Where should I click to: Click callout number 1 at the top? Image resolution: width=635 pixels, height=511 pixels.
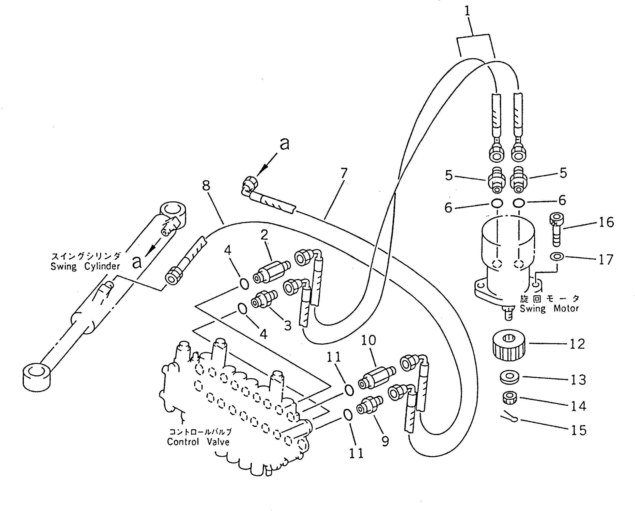pyautogui.click(x=467, y=11)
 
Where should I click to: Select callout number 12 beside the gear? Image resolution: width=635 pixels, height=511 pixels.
pyautogui.click(x=577, y=344)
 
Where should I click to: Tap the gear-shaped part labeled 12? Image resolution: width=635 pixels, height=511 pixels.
pyautogui.click(x=509, y=345)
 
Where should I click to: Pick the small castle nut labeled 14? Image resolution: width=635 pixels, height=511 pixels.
pyautogui.click(x=509, y=398)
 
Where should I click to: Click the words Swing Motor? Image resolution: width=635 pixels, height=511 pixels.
pyautogui.click(x=549, y=309)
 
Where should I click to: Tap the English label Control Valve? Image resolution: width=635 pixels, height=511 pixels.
pyautogui.click(x=198, y=442)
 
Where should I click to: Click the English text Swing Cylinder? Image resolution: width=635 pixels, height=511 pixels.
pyautogui.click(x=85, y=266)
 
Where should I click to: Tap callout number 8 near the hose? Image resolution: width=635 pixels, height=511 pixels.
pyautogui.click(x=206, y=185)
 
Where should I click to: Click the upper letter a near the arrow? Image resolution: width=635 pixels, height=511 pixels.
pyautogui.click(x=284, y=144)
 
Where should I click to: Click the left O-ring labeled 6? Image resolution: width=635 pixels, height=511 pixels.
pyautogui.click(x=497, y=203)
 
